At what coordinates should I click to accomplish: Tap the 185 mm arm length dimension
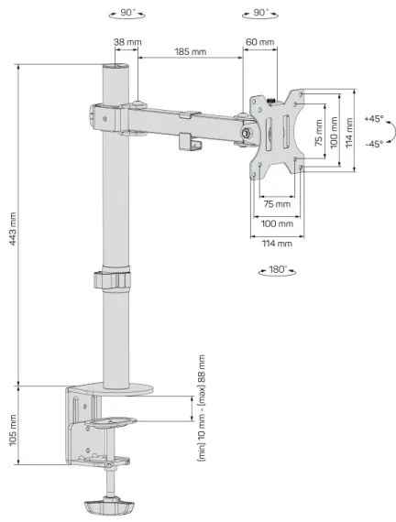[190, 53]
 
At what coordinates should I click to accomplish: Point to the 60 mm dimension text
[259, 42]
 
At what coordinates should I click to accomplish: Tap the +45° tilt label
[373, 119]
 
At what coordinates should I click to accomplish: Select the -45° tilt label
[373, 144]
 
